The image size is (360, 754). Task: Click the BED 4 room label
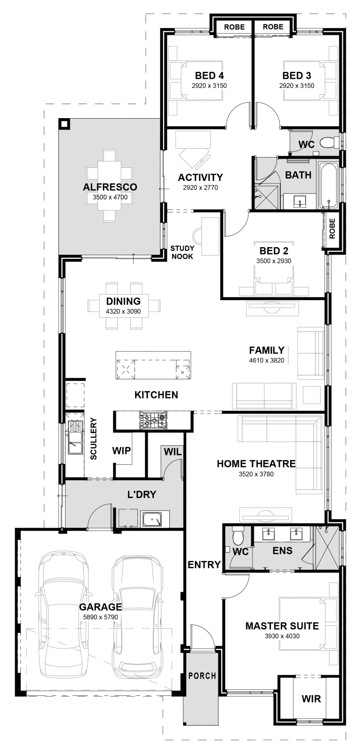pyautogui.click(x=209, y=75)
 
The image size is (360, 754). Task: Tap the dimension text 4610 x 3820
pyautogui.click(x=266, y=360)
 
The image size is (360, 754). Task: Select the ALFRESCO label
pyautogui.click(x=110, y=187)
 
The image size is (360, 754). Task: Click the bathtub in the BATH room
pyautogui.click(x=328, y=186)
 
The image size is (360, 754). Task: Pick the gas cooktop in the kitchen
pyautogui.click(x=153, y=420)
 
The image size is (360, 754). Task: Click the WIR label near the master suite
pyautogui.click(x=311, y=699)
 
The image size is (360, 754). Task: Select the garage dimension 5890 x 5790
pyautogui.click(x=101, y=617)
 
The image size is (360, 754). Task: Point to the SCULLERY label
pyautogui.click(x=94, y=438)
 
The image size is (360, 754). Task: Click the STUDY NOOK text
pyautogui.click(x=182, y=252)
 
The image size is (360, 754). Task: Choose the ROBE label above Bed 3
pyautogui.click(x=273, y=27)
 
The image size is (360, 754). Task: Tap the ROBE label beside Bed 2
pyautogui.click(x=332, y=228)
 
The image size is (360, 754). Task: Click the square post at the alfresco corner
pyautogui.click(x=64, y=124)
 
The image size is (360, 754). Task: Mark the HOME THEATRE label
pyautogui.click(x=256, y=463)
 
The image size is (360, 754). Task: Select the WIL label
pyautogui.click(x=172, y=452)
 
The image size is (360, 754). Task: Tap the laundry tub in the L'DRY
pyautogui.click(x=152, y=520)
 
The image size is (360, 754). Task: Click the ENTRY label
pyautogui.click(x=204, y=565)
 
